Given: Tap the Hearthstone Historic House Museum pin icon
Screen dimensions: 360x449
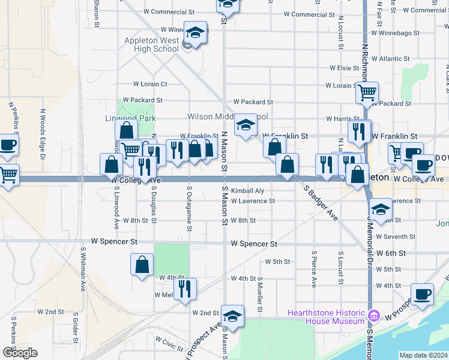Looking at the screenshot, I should [x=375, y=315].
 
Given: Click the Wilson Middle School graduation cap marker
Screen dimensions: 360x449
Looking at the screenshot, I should [x=245, y=125].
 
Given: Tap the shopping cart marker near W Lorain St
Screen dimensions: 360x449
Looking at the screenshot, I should [x=366, y=92].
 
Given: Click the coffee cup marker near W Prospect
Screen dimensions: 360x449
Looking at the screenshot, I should [x=422, y=294].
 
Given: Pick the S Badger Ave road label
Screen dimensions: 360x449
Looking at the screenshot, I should [x=321, y=203].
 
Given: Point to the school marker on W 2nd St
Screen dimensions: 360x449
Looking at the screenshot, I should [x=232, y=316].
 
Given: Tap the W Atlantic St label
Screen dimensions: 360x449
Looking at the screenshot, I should [x=390, y=59].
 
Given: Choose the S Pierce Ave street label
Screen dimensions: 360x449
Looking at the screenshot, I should [x=314, y=269].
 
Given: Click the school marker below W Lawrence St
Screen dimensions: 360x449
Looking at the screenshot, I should [x=381, y=209].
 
